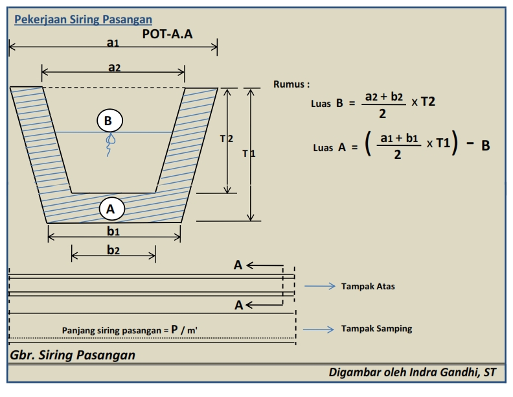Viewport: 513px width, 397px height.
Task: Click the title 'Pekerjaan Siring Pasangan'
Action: point(83,19)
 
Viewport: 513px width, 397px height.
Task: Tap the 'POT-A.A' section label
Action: point(167,34)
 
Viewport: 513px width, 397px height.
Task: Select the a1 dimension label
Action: point(113,43)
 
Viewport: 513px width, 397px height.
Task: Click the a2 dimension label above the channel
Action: point(114,67)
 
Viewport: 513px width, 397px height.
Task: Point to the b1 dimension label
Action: point(113,231)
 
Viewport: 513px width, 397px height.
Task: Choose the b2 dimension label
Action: point(113,250)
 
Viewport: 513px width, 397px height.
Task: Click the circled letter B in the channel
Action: point(110,121)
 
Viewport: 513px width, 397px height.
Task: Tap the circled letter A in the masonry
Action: point(112,209)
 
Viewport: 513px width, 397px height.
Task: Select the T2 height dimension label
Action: point(227,139)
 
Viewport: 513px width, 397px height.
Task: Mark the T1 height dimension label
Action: point(249,153)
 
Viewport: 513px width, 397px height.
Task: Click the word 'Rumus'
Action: point(289,84)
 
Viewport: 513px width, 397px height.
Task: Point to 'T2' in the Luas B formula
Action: point(428,102)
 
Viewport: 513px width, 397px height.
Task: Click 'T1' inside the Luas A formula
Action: point(443,143)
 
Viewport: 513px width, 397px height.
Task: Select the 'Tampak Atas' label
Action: point(368,286)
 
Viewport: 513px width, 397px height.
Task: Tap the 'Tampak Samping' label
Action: point(376,328)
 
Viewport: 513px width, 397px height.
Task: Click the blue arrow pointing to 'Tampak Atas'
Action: point(319,286)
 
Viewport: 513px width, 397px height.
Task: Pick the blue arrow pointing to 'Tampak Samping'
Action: point(318,329)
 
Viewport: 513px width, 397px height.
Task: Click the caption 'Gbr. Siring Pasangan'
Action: point(73,355)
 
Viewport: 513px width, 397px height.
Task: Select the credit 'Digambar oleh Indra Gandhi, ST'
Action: point(412,372)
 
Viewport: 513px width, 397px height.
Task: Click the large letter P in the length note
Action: point(175,329)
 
